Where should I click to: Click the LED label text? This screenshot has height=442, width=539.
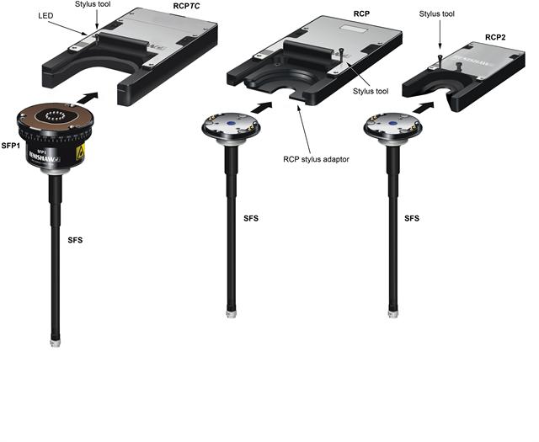click(45, 16)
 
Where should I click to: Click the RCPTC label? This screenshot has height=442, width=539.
click(186, 6)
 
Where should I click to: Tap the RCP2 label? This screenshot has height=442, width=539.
click(495, 37)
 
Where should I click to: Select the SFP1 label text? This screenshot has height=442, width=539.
click(11, 146)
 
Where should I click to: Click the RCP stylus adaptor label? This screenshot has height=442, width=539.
click(316, 159)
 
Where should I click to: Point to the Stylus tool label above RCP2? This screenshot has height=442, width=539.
click(436, 14)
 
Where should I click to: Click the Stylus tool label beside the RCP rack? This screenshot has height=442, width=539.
click(371, 91)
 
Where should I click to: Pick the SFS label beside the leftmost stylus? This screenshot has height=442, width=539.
click(75, 240)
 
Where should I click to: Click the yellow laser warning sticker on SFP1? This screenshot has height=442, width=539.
click(80, 152)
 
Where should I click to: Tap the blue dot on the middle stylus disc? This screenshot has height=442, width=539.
click(231, 123)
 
